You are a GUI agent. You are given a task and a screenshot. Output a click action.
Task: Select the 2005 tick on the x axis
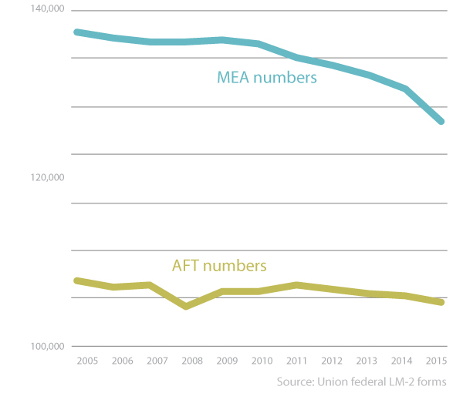click(86, 361)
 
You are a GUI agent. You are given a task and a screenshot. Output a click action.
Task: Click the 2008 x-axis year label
click(194, 361)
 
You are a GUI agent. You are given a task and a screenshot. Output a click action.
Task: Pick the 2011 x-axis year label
click(296, 361)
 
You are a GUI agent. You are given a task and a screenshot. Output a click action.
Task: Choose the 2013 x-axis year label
click(367, 361)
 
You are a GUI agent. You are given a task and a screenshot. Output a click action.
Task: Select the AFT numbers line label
click(218, 266)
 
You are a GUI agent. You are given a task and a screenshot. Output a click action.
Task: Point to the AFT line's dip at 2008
click(186, 307)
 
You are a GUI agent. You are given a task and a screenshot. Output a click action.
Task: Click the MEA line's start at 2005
click(76, 32)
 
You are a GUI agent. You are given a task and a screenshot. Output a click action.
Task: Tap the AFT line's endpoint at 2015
click(441, 302)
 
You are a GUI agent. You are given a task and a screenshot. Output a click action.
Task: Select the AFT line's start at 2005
click(76, 280)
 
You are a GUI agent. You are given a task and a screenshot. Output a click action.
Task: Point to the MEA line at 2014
click(404, 89)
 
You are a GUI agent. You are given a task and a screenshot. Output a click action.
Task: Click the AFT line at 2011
click(296, 285)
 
